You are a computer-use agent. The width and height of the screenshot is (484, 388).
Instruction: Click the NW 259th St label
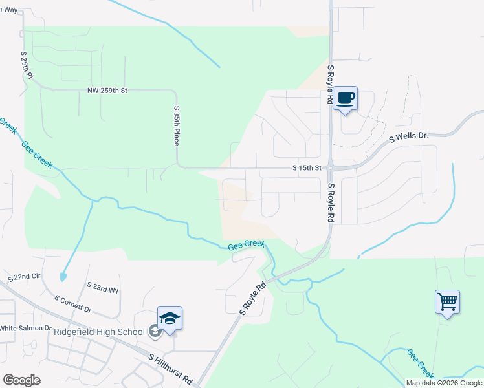coord(107,91)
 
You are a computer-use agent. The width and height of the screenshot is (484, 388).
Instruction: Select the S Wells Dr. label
coord(408,137)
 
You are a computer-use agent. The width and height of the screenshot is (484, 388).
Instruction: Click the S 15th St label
coord(307,168)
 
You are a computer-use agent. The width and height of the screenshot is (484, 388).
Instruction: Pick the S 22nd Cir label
coord(24,277)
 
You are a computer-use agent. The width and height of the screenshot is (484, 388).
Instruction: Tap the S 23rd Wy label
coord(103,287)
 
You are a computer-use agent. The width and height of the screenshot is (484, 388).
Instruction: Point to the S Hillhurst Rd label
coord(170,367)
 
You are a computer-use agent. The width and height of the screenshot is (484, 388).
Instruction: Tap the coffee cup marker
coord(346,98)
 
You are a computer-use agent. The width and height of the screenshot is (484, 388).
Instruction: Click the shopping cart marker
coord(447,301)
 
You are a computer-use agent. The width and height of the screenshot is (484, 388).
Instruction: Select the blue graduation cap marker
coord(170,318)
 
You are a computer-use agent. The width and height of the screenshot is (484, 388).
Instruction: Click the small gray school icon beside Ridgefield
coord(154,332)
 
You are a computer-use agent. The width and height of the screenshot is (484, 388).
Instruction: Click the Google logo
coord(21,380)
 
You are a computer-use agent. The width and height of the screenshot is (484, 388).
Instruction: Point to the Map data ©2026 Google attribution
coord(444,383)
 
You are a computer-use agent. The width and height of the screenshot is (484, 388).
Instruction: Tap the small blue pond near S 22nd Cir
coord(62,276)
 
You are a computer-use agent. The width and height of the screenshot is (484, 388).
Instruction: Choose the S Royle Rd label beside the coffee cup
coord(330,85)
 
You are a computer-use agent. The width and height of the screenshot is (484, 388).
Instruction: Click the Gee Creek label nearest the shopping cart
coord(421,363)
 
